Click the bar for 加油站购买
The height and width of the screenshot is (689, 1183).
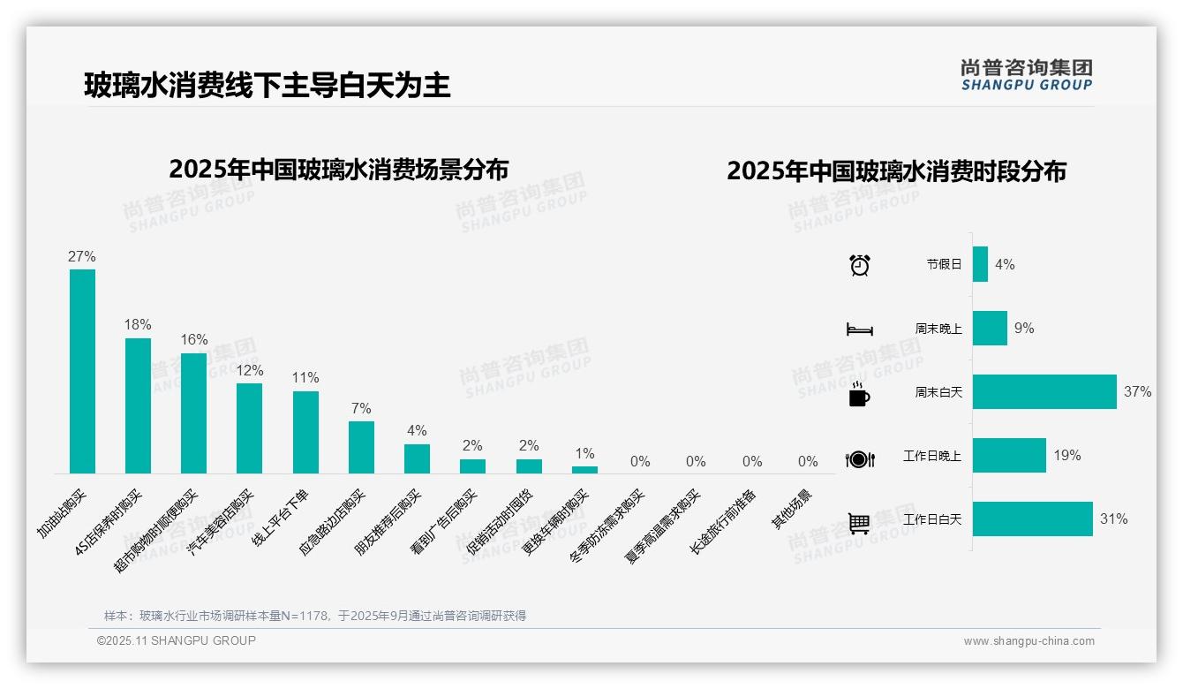pos(82,371)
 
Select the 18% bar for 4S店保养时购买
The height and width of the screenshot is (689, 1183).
pos(138,405)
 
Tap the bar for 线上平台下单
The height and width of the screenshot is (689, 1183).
pos(305,432)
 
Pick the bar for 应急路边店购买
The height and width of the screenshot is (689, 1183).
pos(361,447)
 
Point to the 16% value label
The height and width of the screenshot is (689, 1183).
pos(194,340)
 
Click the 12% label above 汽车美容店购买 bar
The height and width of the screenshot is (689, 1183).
pos(250,370)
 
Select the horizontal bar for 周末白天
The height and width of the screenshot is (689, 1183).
pos(1044,391)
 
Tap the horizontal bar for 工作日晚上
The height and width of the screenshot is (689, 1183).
pos(1009,456)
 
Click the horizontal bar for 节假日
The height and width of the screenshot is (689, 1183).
pos(980,264)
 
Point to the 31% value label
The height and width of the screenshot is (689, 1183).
pos(1113,519)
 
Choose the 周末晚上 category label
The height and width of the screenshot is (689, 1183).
pos(938,329)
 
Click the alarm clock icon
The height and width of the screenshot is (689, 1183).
pos(859,265)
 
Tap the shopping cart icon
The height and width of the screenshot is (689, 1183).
pos(859,523)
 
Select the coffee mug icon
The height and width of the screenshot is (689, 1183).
pos(859,395)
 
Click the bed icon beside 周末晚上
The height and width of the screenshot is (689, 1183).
pos(859,329)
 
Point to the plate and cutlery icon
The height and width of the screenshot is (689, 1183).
pos(859,458)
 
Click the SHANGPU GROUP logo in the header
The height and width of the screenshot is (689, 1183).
pos(1027,75)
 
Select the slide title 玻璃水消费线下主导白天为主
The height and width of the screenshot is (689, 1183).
pos(267,86)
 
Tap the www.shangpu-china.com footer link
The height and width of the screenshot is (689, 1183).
pos(1029,641)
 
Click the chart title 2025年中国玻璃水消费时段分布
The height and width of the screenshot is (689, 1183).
pos(896,170)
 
